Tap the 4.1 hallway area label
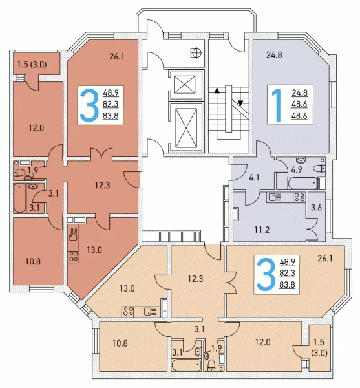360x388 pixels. click(x=254, y=178)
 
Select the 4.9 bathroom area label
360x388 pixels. click(x=296, y=169)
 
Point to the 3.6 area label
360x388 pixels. click(x=316, y=207)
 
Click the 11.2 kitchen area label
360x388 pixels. click(x=262, y=230)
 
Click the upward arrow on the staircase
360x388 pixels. click(x=217, y=90)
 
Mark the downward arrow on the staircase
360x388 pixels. click(x=240, y=103)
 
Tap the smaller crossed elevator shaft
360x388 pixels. click(x=185, y=85)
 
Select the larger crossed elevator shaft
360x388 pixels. click(x=186, y=127)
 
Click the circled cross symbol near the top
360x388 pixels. click(x=196, y=53)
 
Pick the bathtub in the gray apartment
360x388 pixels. click(x=302, y=183)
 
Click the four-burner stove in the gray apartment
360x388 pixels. click(x=299, y=197)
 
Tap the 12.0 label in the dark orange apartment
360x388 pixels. click(x=36, y=128)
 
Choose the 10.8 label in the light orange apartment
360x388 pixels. click(x=120, y=343)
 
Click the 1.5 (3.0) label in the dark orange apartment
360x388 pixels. click(x=32, y=65)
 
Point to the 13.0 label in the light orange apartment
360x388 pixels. click(x=127, y=288)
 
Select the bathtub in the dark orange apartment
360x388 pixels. click(x=20, y=199)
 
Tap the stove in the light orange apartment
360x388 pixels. click(x=128, y=312)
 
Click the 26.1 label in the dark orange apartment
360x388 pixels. click(x=117, y=56)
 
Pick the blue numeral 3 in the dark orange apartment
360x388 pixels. click(x=89, y=105)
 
